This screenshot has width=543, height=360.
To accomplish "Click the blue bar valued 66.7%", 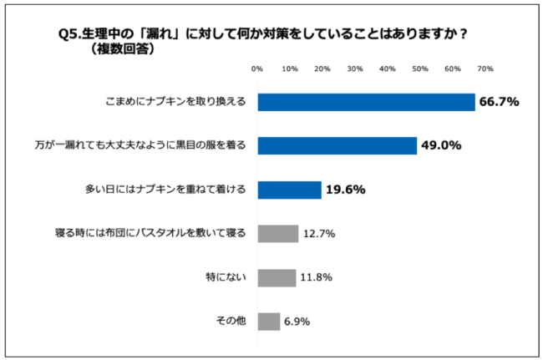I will coord(366,102).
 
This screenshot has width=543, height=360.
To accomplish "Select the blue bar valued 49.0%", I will coord(337,145).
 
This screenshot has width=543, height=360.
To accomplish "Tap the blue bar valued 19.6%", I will coord(289,190).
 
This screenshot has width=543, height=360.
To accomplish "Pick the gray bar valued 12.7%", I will coord(277,233).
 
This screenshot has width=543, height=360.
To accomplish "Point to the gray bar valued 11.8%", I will coord(277,277).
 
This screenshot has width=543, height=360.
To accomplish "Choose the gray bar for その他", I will coord(268,321).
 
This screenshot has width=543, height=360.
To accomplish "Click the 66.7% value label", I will coord(499,102).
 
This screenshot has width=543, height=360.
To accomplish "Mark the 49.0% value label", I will coord(440,145).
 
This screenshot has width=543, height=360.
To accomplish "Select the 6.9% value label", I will coord(297,322).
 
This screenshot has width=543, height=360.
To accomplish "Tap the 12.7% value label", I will coord(319,234).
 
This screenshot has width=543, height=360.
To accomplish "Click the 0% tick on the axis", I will coord(257,68).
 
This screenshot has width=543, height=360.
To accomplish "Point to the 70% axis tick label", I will coord(485,68).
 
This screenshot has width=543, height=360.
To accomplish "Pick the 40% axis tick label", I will coord(387,68).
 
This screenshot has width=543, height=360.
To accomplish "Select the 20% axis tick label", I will coord(322,68).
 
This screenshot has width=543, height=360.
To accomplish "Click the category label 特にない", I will coord(226,277).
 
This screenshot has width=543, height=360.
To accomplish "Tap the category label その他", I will coord(231,321).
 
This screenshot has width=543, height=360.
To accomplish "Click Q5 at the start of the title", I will coord(69,33).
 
